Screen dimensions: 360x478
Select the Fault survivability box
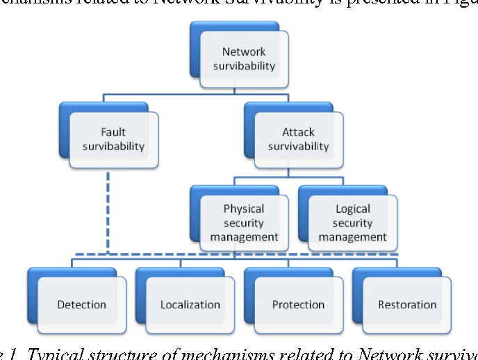coord(113,139)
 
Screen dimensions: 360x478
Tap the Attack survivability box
coord(298,139)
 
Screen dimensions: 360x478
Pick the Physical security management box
coord(244,222)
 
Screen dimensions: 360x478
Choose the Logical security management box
coord(352,222)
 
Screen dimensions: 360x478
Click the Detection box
coord(81,304)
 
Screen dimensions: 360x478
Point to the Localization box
coord(190,304)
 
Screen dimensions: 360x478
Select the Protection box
coord(298,304)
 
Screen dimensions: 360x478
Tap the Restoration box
coord(407,304)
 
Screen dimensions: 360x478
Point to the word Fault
coord(113,132)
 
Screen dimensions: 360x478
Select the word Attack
coord(298,132)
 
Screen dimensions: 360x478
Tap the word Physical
coord(244,208)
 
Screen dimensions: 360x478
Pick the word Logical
coord(353,208)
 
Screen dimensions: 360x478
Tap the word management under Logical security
coord(353,237)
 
